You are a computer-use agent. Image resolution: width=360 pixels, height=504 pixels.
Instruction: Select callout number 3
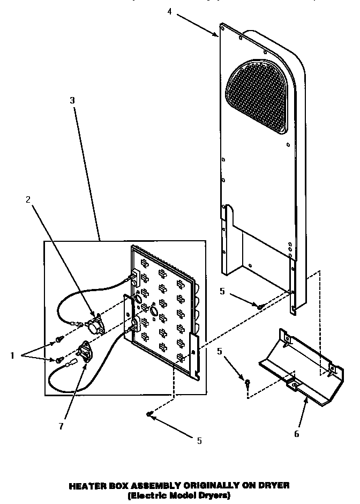tap(72, 100)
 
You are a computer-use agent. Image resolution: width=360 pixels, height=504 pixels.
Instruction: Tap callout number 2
tap(28, 199)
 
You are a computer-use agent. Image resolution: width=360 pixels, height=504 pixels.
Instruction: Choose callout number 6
tap(296, 434)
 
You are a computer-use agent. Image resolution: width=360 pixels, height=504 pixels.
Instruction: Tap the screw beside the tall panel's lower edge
tap(259, 306)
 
